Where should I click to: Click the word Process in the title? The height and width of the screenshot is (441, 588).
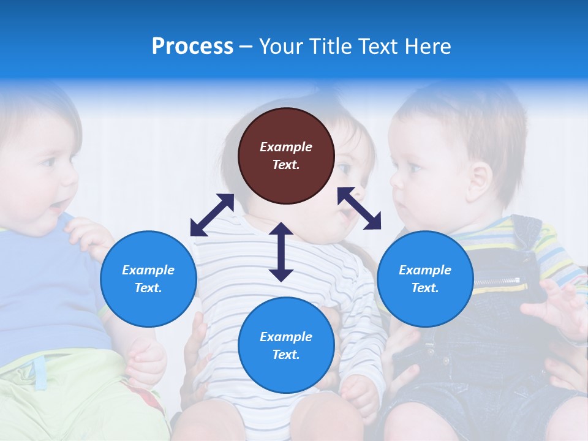tap(192, 47)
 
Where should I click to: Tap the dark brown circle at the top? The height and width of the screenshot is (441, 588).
tap(286, 156)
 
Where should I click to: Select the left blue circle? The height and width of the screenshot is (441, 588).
tap(148, 279)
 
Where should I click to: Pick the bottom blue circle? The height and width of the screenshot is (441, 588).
tap(286, 345)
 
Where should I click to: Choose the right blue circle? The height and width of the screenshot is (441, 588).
tap(425, 279)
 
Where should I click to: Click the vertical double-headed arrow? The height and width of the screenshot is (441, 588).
tap(281, 252)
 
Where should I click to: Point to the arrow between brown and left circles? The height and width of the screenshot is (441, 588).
tap(212, 214)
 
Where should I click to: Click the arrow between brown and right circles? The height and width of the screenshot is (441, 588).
tap(359, 208)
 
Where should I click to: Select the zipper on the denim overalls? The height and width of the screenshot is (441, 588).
tap(496, 281)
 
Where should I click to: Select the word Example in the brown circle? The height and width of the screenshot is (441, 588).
tap(286, 147)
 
